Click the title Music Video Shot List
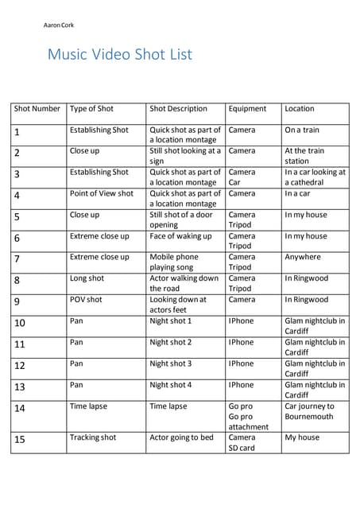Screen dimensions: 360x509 119,55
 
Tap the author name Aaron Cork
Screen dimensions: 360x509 59,25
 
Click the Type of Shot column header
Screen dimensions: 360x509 91,109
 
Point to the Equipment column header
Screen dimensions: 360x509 247,109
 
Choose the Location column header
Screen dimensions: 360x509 300,109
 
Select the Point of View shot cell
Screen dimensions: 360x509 102,193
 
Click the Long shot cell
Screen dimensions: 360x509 87,279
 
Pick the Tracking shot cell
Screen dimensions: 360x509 93,437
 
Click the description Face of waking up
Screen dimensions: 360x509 180,236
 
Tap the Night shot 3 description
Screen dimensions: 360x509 171,364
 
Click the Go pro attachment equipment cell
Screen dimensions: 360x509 248,416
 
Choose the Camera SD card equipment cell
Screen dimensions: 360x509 242,442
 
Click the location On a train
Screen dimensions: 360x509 302,130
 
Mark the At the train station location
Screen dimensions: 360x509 304,155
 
